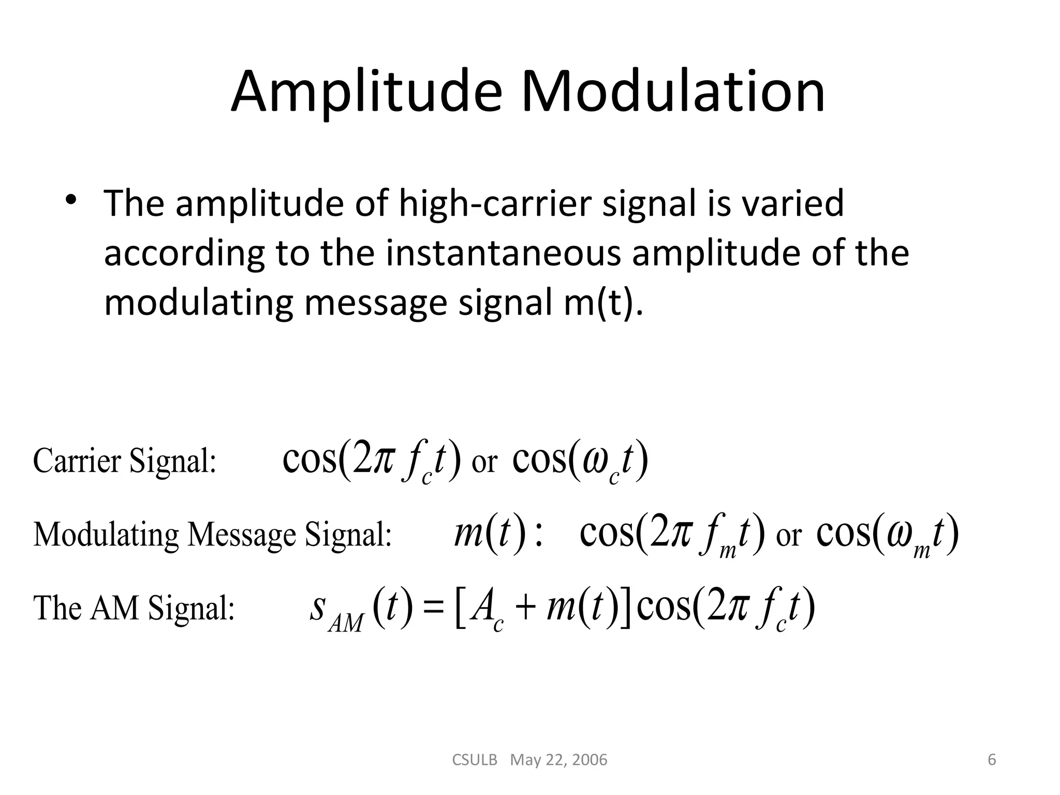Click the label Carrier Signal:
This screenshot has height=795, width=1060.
coord(124,461)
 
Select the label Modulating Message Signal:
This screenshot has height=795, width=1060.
coord(212,534)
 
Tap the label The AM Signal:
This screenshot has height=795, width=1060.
coord(134,608)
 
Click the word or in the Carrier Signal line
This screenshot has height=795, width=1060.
coord(484,463)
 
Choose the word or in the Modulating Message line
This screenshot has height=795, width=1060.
coord(788,536)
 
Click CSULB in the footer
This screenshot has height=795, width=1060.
coord(475,760)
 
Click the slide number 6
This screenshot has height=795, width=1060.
coord(992,760)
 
